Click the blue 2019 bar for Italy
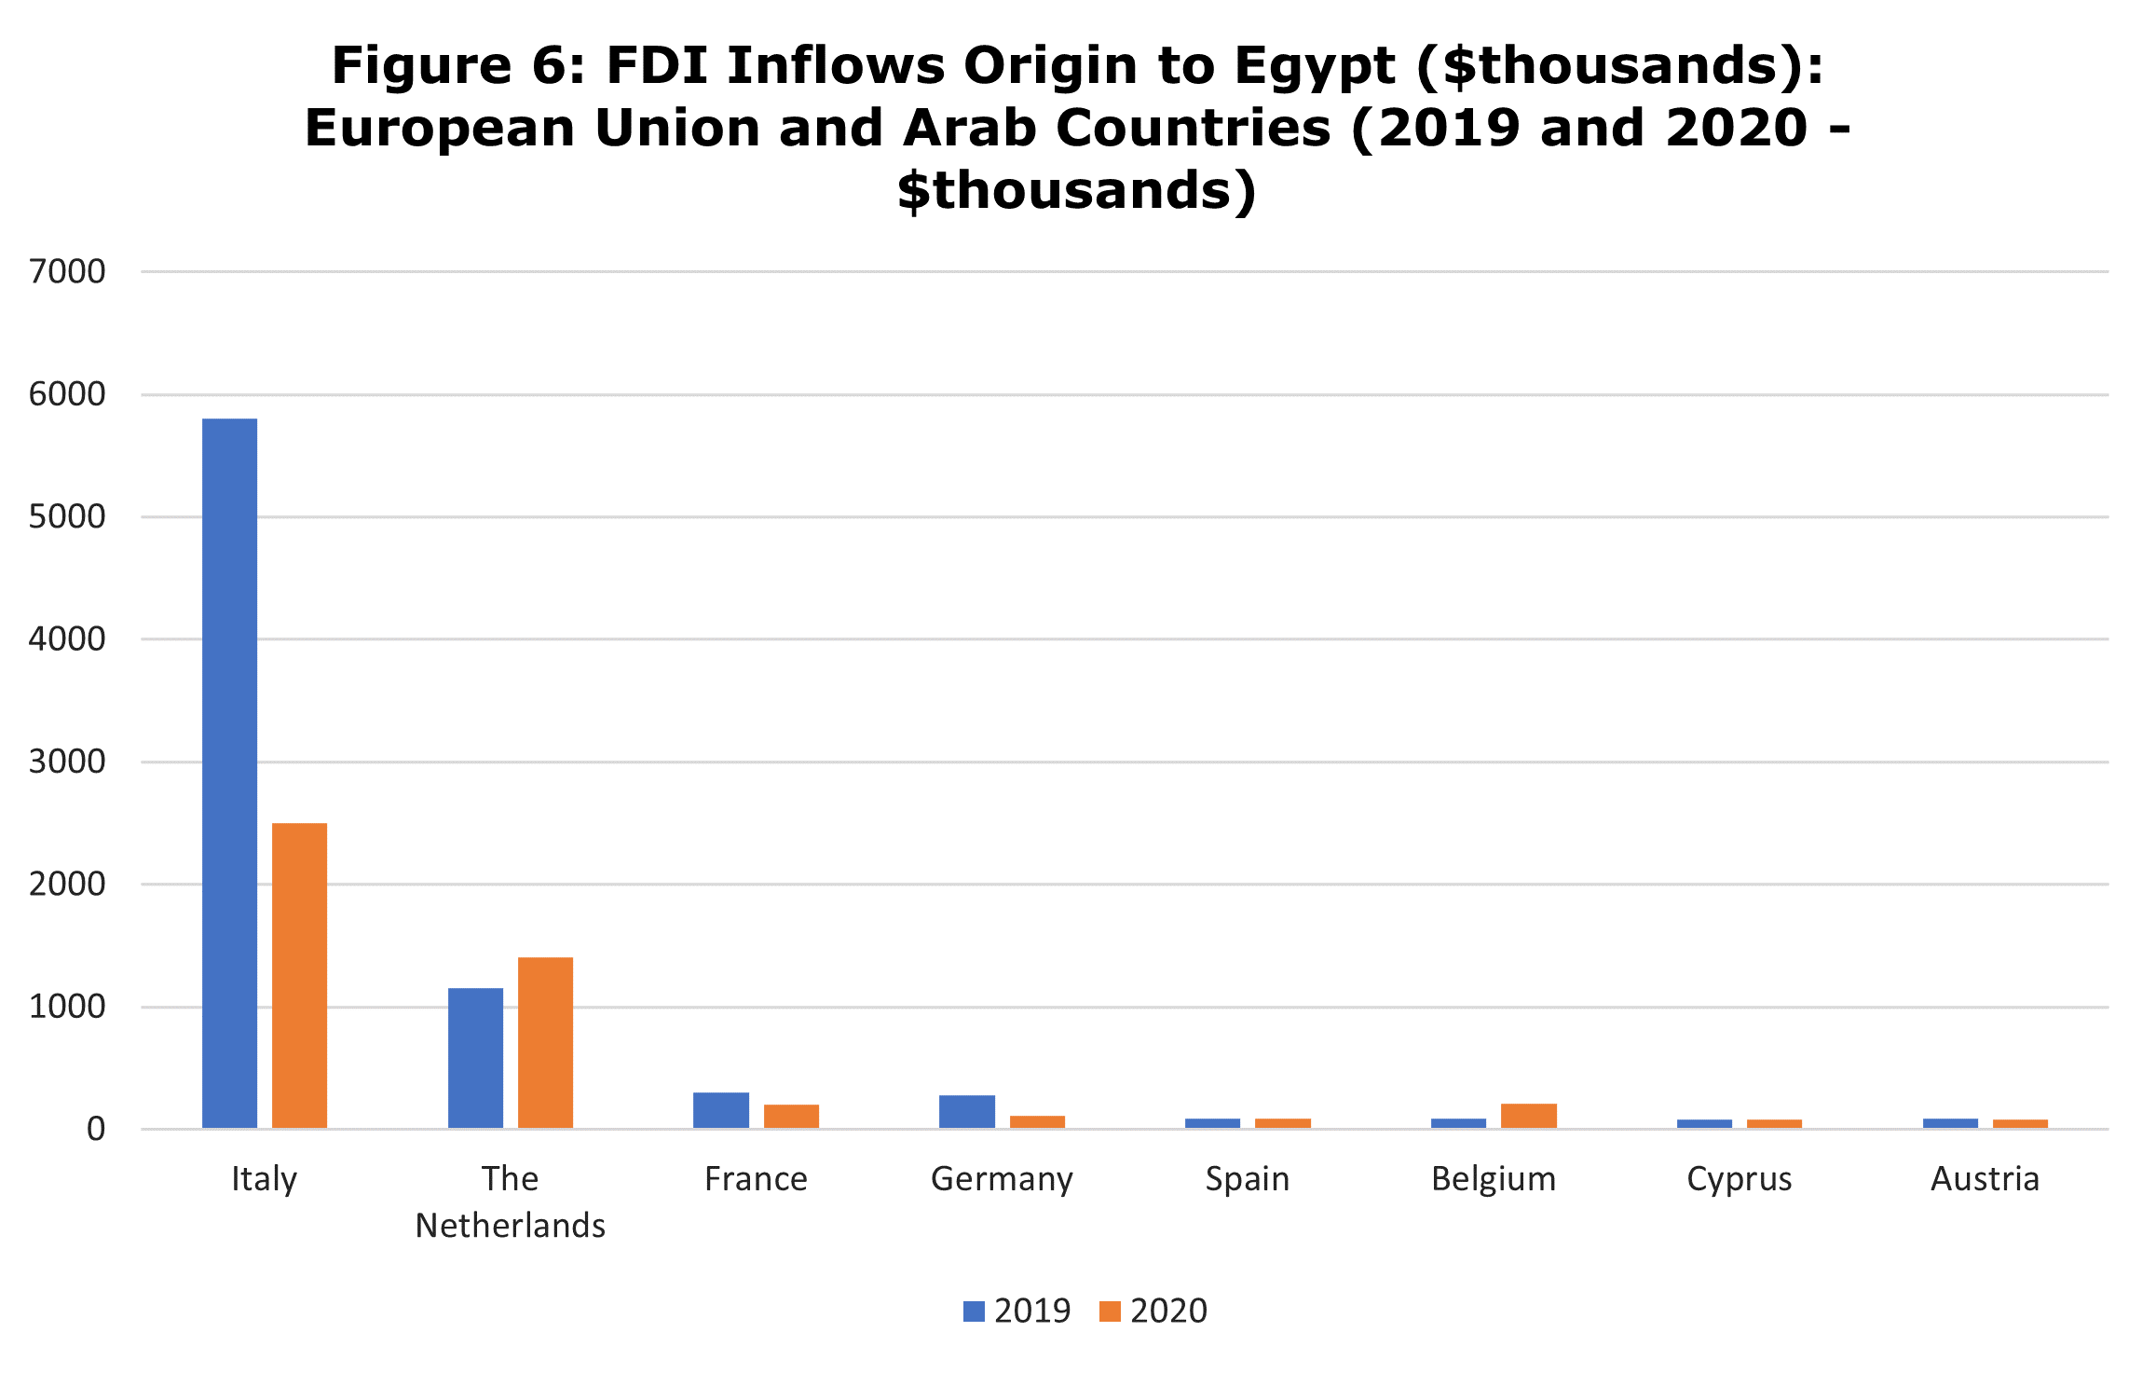pyautogui.click(x=229, y=774)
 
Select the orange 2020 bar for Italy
pyautogui.click(x=299, y=976)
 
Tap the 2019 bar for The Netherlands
pyautogui.click(x=475, y=1058)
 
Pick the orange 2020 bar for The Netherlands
pyautogui.click(x=545, y=1043)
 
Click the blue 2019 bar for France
pyautogui.click(x=721, y=1110)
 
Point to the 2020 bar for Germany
pyautogui.click(x=1037, y=1122)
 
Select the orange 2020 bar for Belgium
pyautogui.click(x=1529, y=1116)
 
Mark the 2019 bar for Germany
pyautogui.click(x=967, y=1112)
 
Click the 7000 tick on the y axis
pyautogui.click(x=67, y=271)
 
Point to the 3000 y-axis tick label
pyautogui.click(x=67, y=762)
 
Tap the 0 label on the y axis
pyautogui.click(x=96, y=1129)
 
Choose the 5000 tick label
pyautogui.click(x=67, y=516)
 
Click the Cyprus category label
pyautogui.click(x=1740, y=1180)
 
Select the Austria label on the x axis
pyautogui.click(x=1985, y=1179)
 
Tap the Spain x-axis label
pyautogui.click(x=1248, y=1180)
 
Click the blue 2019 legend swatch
pyautogui.click(x=974, y=1311)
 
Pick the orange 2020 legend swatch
pyautogui.click(x=1110, y=1311)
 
